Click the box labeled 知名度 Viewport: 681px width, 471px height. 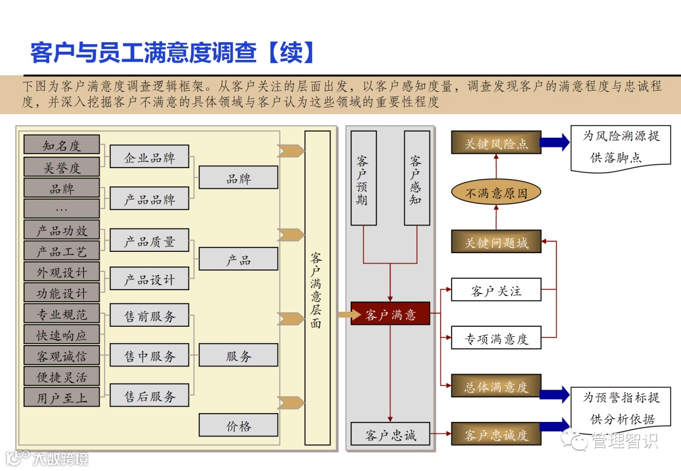62,145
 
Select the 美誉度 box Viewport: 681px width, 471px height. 62,167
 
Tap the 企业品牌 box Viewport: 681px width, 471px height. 149,157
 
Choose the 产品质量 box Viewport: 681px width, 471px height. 149,241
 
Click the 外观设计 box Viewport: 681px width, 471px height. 62,272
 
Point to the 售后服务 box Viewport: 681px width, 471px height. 149,395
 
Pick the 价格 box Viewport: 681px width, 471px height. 238,425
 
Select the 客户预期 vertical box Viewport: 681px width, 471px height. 363,178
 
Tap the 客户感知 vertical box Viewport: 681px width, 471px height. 416,178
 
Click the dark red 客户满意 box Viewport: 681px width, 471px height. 390,314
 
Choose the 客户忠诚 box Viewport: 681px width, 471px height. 390,434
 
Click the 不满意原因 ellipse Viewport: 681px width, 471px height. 496,193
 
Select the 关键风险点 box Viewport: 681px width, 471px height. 496,143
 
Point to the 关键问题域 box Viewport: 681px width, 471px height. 496,242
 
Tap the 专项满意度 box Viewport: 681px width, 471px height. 496,338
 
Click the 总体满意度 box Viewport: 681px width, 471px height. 496,386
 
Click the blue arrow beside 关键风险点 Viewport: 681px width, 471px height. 555,143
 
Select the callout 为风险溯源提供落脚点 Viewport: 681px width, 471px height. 620,147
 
